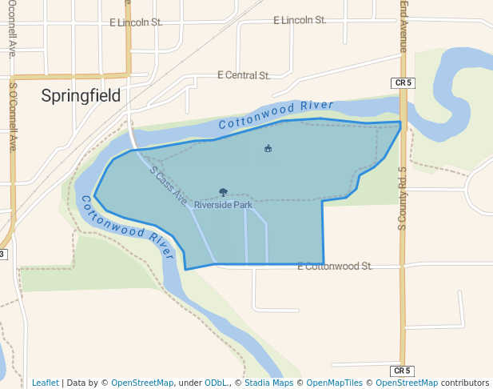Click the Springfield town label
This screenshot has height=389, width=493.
tap(81, 96)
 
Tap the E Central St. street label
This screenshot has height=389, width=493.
tap(244, 75)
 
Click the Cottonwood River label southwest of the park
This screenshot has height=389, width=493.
tap(125, 226)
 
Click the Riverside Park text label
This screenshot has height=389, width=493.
tap(223, 205)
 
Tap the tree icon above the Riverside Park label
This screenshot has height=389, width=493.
tap(223, 192)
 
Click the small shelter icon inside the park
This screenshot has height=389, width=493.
tap(268, 148)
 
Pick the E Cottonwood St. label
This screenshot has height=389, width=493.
tap(335, 266)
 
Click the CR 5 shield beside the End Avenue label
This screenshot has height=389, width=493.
tap(403, 82)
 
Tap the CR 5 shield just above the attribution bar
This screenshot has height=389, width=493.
tap(403, 371)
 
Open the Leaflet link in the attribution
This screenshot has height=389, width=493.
tap(45, 383)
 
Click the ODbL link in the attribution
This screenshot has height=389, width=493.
tap(216, 383)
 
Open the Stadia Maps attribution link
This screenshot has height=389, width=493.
tap(268, 383)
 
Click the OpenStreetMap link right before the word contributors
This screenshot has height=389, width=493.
tap(407, 383)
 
